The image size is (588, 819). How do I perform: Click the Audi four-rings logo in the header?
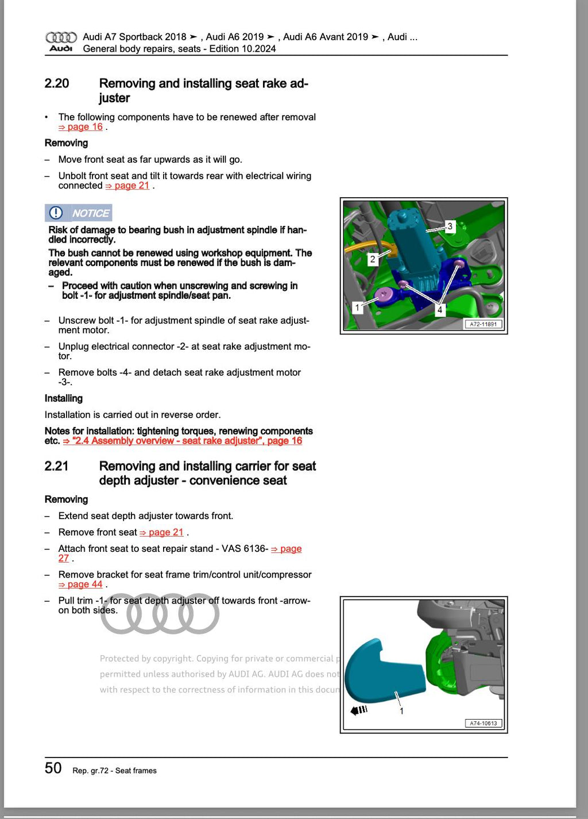coord(61,38)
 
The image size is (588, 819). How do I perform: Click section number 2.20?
coord(57,83)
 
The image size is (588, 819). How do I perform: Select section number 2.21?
coord(56,466)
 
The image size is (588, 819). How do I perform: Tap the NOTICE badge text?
coord(91,213)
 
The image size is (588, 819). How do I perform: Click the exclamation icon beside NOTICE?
coord(56,213)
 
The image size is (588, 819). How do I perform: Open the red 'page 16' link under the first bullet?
coord(80,127)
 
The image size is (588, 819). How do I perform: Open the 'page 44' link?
coord(80,585)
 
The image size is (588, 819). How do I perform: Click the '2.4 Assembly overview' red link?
coord(182,441)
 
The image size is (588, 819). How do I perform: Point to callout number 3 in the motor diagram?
coord(450,226)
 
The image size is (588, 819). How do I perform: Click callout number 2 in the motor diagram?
coord(373,259)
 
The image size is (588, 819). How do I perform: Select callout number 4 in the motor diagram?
coord(440,310)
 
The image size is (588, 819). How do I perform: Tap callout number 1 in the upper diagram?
coord(357,307)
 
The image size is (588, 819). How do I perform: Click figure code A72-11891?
coord(483,324)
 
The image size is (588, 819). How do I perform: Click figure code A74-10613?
coord(483,724)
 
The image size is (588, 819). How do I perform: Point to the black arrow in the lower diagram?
coord(358,710)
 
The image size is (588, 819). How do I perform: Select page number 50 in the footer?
coord(53,768)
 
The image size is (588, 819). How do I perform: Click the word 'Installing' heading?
coord(63,398)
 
